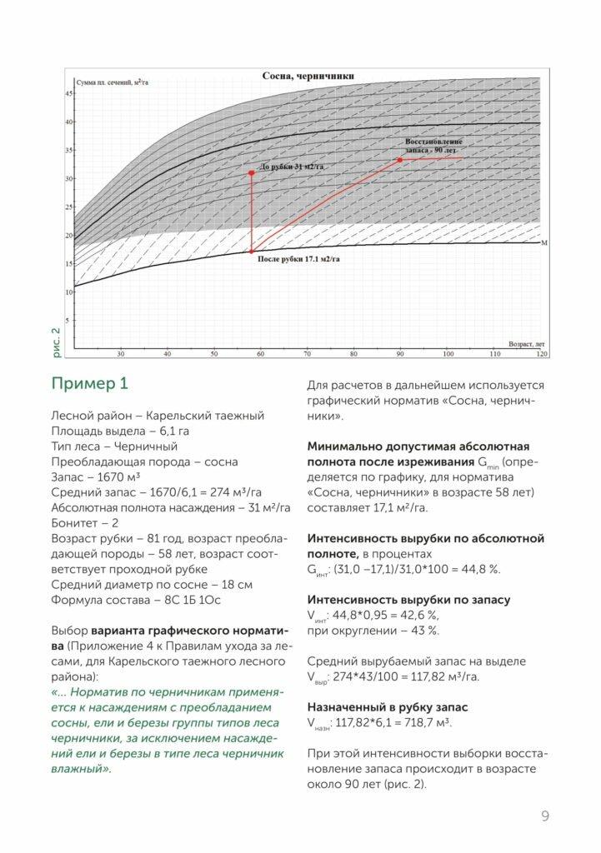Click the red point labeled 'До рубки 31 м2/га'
point(251,173)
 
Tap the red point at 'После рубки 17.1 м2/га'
point(251,251)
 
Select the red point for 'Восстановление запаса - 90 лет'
point(400,160)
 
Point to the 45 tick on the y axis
point(68,94)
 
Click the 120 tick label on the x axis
point(542,353)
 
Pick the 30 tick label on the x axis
point(121,353)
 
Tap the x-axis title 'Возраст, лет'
point(526,342)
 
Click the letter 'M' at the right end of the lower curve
point(543,242)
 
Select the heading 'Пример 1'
point(90,384)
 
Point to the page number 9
point(544,816)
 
